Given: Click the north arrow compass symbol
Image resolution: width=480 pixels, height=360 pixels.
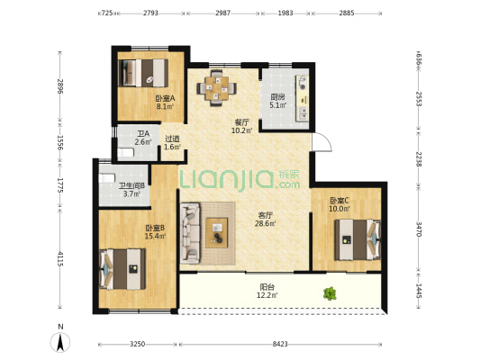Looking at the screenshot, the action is pyautogui.click(x=60, y=342).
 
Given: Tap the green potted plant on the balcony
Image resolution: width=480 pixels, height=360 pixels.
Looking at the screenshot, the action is pyautogui.click(x=330, y=294).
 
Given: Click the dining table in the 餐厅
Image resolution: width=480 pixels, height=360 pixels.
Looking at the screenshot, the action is pyautogui.click(x=216, y=88).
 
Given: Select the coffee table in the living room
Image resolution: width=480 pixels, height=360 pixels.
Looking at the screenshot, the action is pyautogui.click(x=217, y=232).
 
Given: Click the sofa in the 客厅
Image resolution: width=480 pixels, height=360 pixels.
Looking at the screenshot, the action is pyautogui.click(x=190, y=233).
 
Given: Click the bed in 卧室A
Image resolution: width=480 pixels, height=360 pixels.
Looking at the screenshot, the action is pyautogui.click(x=143, y=73).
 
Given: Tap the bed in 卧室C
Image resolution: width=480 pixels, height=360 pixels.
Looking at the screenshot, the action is pyautogui.click(x=358, y=239).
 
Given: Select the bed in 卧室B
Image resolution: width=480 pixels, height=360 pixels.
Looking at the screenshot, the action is pyautogui.click(x=122, y=269).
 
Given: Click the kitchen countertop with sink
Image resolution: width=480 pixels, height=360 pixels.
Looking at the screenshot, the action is pyautogui.click(x=302, y=98).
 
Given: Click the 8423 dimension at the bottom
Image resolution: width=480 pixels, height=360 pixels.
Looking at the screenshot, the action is pyautogui.click(x=280, y=345).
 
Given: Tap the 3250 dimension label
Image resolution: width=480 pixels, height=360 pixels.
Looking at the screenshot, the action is pyautogui.click(x=137, y=345).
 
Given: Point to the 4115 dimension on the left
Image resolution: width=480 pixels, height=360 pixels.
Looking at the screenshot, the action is pyautogui.click(x=60, y=259).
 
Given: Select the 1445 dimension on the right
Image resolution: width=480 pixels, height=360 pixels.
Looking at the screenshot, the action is pyautogui.click(x=419, y=291).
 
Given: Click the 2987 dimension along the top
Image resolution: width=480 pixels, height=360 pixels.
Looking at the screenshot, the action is pyautogui.click(x=222, y=13).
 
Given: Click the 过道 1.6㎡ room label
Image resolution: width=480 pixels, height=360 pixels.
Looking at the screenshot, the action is pyautogui.click(x=172, y=143).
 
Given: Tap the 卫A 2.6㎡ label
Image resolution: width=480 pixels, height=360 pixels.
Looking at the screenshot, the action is pyautogui.click(x=143, y=138).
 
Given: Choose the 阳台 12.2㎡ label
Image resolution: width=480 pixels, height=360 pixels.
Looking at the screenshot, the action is pyautogui.click(x=267, y=291).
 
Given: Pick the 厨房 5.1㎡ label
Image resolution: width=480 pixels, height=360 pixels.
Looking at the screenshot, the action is pyautogui.click(x=278, y=101).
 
